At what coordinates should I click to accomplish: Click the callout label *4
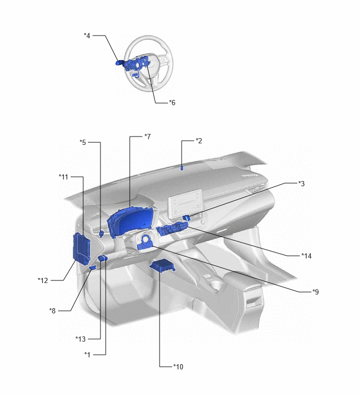point(87,36)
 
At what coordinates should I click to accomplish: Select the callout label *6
point(172,103)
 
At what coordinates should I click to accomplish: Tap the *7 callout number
point(148,136)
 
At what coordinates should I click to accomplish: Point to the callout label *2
point(199,141)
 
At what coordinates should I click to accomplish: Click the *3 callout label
point(301,184)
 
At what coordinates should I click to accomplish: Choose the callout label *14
point(306,256)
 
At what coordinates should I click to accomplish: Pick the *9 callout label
point(316,292)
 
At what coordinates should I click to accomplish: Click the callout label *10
point(178,367)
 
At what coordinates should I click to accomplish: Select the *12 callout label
point(43,280)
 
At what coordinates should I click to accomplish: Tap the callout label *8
point(52,311)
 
